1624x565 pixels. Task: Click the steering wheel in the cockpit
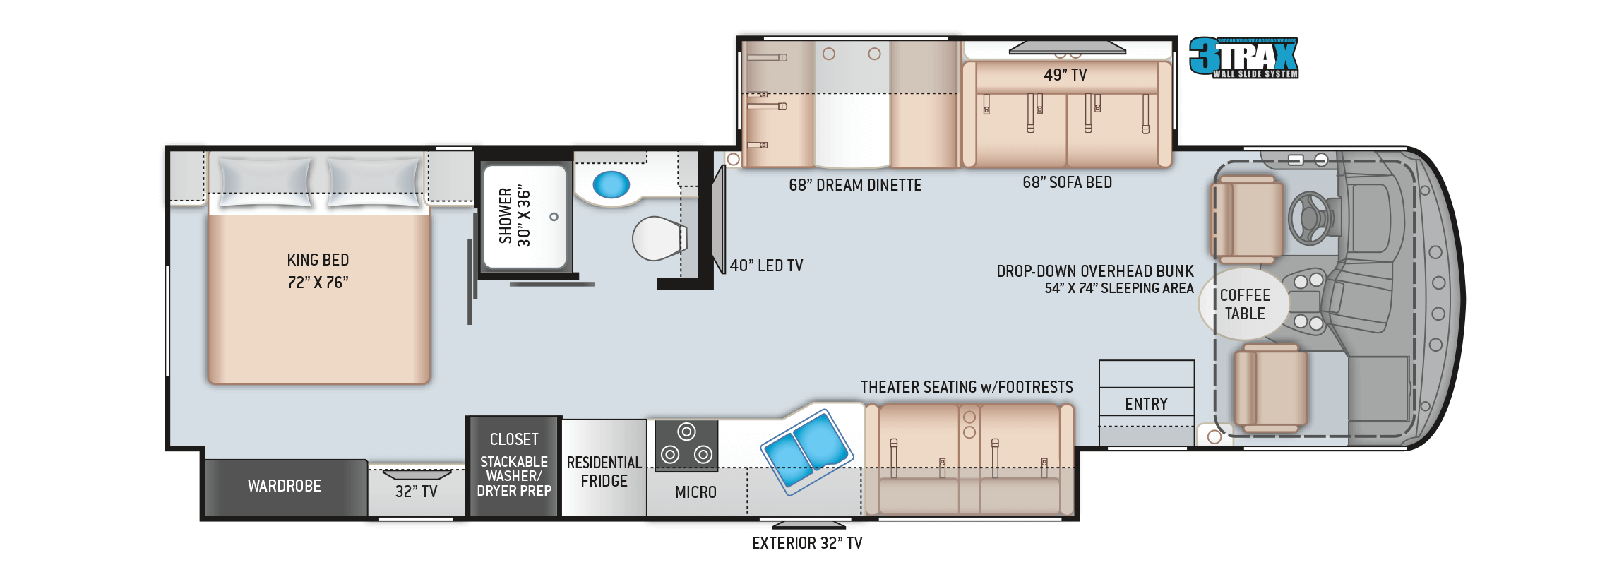coord(1309,218)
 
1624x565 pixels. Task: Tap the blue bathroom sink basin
coord(611,185)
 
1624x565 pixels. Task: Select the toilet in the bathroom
coord(658,239)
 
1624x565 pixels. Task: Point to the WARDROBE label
coord(285,486)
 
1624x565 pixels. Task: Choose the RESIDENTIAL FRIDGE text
coord(604,472)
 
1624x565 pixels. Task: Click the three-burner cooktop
coord(686,446)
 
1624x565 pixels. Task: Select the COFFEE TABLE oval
coord(1244,304)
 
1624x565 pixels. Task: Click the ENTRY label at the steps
coord(1146,404)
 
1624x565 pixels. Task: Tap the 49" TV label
coord(1065,75)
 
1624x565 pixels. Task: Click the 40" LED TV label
coord(766,266)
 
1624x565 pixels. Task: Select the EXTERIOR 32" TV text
coord(806,543)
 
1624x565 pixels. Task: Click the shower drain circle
coord(554,217)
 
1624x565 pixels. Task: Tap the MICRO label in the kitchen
coord(695,492)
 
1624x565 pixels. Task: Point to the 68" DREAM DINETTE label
coord(855,185)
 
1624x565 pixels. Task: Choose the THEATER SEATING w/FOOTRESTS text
coord(967,387)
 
